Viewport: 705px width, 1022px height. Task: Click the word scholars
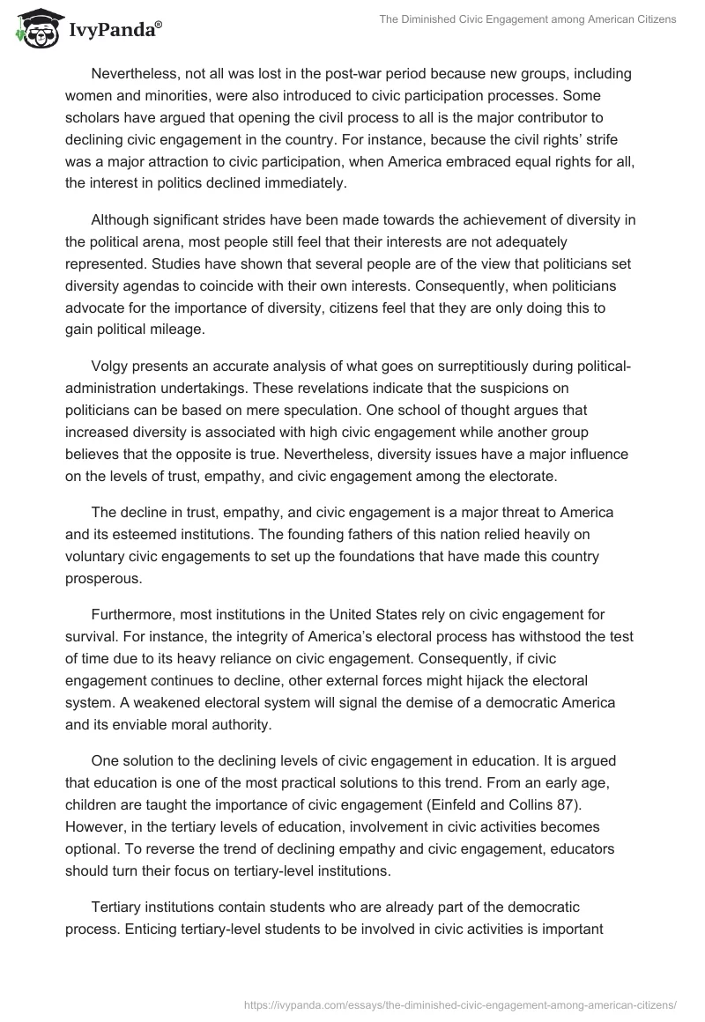click(x=93, y=117)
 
